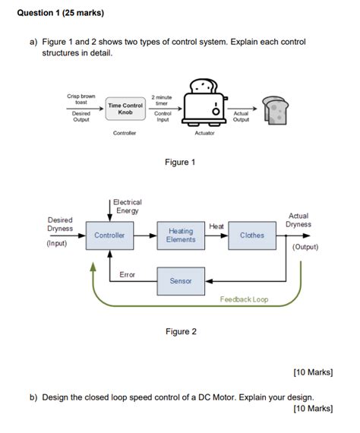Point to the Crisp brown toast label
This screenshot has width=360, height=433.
point(81,100)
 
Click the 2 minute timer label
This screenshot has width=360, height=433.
point(163,100)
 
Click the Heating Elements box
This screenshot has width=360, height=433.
point(181,235)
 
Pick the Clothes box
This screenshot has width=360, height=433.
point(252,235)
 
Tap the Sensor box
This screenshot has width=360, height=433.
point(181,281)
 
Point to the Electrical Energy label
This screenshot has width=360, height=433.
point(127,206)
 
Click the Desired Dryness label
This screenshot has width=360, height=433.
point(60,224)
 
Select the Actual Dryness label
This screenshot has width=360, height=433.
point(298,220)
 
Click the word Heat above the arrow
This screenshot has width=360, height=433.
point(216,226)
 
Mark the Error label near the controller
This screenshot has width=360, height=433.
point(127,274)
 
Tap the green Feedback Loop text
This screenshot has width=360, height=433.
point(244,300)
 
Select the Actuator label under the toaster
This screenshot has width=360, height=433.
point(204,134)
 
